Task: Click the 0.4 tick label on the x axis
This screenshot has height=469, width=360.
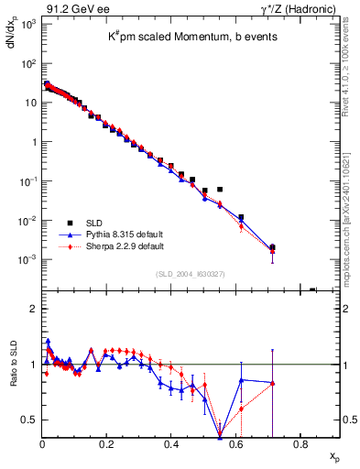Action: coord(171,446)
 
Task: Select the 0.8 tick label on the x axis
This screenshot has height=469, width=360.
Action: coord(300,446)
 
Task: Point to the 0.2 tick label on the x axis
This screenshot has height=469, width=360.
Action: coord(106,446)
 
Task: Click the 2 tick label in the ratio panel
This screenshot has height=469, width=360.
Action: coord(32,309)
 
